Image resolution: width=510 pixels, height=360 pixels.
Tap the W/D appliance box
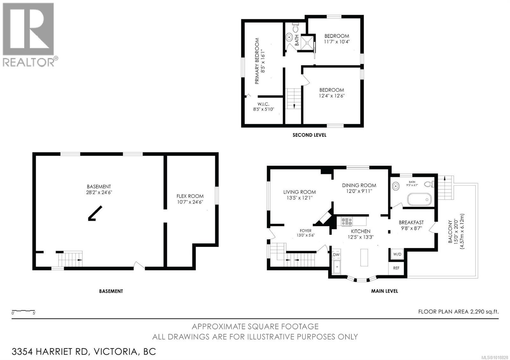[397, 254]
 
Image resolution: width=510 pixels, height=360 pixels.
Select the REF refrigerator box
[396, 268]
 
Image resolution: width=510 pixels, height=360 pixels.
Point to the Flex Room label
[190, 196]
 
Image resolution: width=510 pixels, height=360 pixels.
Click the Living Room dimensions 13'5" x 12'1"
[299, 198]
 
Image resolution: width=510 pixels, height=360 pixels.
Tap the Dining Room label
[359, 185]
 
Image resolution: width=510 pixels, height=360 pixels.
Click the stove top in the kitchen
[346, 221]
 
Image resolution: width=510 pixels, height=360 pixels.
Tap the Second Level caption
[309, 135]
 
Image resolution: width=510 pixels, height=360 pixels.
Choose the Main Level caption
[384, 291]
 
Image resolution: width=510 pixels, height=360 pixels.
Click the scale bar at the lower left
[23, 311]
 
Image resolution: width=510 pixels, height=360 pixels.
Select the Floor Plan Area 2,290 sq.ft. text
[458, 312]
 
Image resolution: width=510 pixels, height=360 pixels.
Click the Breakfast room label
[411, 223]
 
